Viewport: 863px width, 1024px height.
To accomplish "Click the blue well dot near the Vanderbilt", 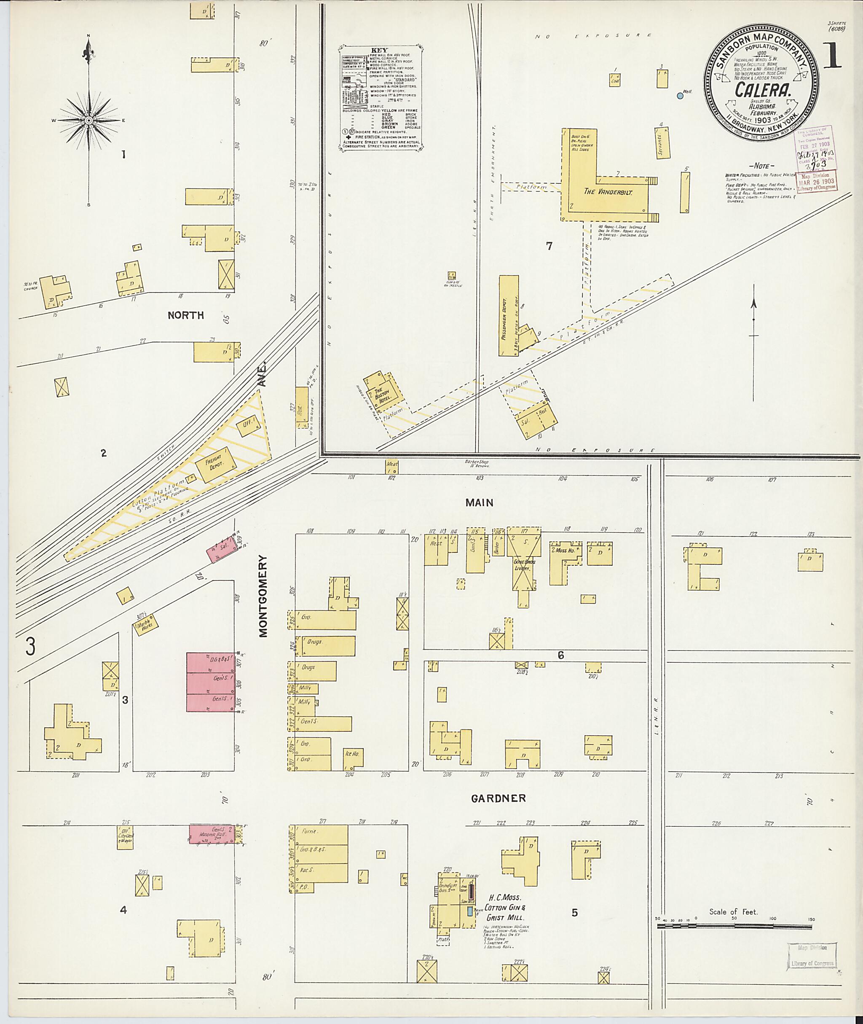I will [x=680, y=96].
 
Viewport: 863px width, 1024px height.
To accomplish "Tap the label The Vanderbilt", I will [x=608, y=192].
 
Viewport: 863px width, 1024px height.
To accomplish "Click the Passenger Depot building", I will [x=509, y=315].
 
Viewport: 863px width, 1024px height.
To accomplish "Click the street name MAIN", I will [x=479, y=503].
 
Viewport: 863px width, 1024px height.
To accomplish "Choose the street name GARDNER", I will [x=498, y=798].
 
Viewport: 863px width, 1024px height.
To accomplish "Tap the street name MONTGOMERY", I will [x=264, y=596].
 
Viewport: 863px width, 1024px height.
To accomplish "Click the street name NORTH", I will [x=185, y=315].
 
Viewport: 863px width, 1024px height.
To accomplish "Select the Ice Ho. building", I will [x=352, y=754].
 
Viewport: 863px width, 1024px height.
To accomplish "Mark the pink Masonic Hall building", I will [x=215, y=834].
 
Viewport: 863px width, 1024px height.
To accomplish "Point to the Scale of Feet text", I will [x=733, y=912].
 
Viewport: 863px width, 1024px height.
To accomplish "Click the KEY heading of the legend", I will [x=379, y=50].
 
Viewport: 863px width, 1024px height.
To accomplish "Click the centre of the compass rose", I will [x=88, y=121].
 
